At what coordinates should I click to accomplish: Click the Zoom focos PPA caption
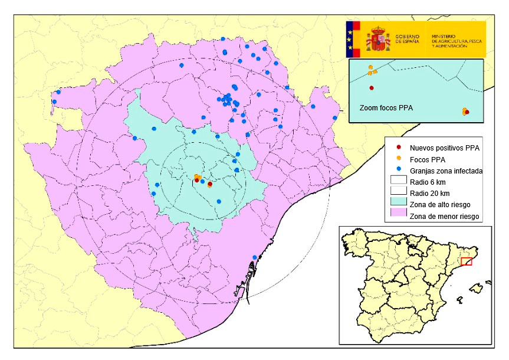(x=386, y=109)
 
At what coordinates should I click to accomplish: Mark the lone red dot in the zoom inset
(x=372, y=88)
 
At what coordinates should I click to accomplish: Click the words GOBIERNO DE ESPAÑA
(x=409, y=39)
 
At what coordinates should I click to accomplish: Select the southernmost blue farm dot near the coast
(x=255, y=257)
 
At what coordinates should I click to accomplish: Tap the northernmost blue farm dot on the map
(x=223, y=39)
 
